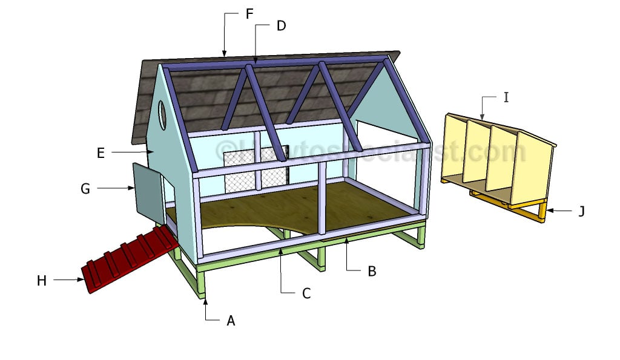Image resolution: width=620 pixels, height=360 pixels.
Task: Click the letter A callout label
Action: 231,321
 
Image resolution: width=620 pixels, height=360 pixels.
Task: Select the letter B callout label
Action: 372,272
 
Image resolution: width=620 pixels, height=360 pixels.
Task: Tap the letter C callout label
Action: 306,293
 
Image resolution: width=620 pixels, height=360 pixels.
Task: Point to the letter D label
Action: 281,26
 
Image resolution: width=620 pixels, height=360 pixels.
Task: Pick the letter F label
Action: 249,14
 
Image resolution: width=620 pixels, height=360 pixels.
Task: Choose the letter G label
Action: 85,189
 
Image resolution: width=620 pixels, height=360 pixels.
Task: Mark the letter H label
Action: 42,280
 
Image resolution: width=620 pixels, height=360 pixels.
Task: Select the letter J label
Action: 581,211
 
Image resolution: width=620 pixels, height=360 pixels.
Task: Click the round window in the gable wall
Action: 163,114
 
